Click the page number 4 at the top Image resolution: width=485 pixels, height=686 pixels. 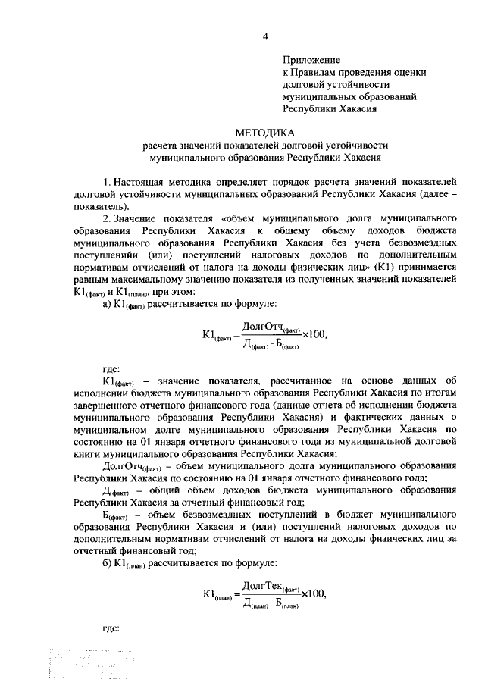coord(265,35)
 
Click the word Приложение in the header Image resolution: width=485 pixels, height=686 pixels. coord(311,59)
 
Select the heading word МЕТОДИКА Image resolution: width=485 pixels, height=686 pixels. coord(265,132)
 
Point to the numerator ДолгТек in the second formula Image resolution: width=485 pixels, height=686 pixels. coord(261,585)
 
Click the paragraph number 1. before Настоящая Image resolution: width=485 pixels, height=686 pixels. coord(107,181)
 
